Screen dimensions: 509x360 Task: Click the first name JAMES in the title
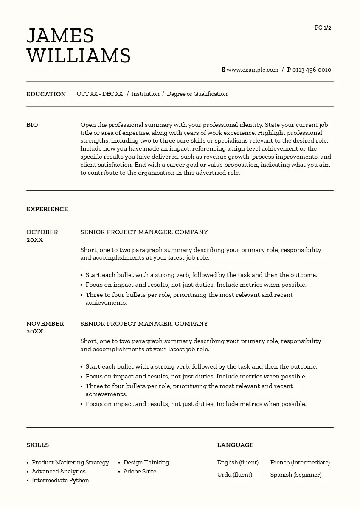pos(60,36)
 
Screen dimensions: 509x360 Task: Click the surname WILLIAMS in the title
pos(79,56)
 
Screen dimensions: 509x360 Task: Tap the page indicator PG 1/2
pos(323,28)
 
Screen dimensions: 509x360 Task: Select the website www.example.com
pos(252,70)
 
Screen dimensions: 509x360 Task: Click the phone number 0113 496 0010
pos(312,70)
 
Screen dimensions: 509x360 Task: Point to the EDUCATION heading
pos(46,94)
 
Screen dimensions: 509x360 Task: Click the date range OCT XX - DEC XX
pos(100,94)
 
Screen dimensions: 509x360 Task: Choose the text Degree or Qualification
pos(197,94)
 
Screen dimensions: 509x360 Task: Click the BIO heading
pos(32,125)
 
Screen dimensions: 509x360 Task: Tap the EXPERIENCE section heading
pos(47,209)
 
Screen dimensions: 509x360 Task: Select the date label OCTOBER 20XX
pos(42,236)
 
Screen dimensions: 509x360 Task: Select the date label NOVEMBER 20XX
pos(45,327)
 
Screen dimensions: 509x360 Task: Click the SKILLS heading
pos(37,445)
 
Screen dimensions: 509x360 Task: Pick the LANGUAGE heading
pos(235,445)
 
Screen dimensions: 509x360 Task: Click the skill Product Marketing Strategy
pos(70,463)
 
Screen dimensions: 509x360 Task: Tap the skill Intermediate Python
pos(60,481)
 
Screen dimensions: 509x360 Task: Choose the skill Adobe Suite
pos(140,472)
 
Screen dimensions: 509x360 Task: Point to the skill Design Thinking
pos(146,463)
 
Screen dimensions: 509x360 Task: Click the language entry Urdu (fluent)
pos(234,475)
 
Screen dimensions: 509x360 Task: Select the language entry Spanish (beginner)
pos(295,475)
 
